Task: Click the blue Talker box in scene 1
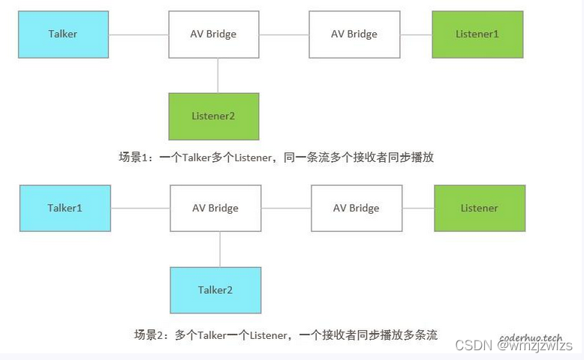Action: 63,34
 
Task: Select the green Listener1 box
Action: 477,34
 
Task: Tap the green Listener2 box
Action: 214,116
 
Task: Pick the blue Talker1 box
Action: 65,208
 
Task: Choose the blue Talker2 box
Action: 216,290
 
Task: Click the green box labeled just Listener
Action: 479,208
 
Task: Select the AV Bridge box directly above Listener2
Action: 214,34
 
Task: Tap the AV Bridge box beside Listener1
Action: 354,34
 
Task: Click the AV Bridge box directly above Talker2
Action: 215,208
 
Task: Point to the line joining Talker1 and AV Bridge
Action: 140,208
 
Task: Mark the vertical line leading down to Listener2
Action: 218,76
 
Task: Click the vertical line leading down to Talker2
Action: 220,249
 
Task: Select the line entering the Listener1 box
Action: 416,34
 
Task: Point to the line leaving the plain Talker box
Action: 139,34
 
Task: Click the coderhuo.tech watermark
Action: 531,337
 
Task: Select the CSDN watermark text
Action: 471,346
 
